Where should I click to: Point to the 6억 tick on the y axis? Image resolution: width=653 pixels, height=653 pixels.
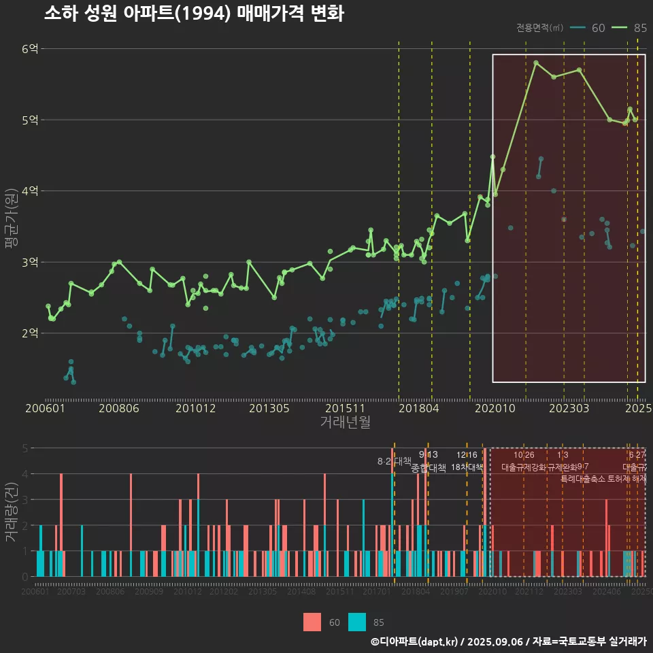(29, 49)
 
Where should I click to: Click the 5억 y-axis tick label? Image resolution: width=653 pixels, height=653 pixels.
(29, 120)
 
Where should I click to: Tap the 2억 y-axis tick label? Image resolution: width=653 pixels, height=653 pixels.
(29, 333)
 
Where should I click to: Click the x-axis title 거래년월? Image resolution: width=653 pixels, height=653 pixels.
(345, 422)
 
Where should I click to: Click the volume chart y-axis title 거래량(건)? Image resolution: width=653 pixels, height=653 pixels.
(10, 512)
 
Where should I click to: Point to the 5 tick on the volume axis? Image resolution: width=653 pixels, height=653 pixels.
(24, 448)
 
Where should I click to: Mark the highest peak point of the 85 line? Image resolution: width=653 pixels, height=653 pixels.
(536, 63)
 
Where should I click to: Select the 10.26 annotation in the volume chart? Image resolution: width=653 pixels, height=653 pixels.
(524, 454)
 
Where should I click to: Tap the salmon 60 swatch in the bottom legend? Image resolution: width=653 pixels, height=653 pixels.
(312, 622)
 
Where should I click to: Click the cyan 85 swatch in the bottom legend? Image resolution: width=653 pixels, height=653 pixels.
(357, 622)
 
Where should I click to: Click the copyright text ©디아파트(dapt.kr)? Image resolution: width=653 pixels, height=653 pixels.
(416, 641)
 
